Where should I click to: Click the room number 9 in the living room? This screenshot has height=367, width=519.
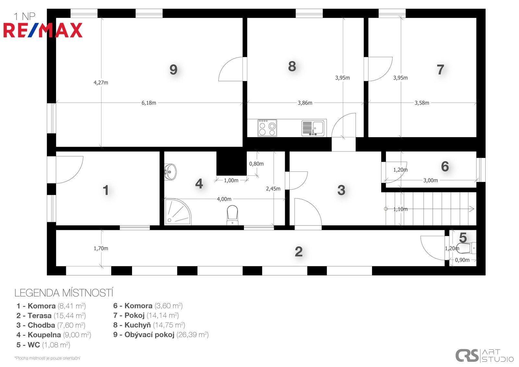[174, 70]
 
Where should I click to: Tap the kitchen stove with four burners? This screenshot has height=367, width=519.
[267, 128]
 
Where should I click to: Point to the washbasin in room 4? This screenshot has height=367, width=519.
[170, 171]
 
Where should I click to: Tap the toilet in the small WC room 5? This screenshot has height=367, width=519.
[465, 248]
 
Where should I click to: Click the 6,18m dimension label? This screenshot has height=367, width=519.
[149, 103]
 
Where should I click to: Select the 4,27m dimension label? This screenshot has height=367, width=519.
[101, 82]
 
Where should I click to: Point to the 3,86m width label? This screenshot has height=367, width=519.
[305, 103]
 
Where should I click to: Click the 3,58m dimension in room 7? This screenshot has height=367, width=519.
[422, 103]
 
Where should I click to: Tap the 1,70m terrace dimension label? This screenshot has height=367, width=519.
[101, 248]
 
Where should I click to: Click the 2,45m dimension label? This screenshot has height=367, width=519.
[273, 189]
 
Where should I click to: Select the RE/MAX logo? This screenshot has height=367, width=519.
[43, 30]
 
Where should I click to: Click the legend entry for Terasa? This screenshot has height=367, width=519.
[51, 316]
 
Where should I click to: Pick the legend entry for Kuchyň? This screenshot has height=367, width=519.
[149, 325]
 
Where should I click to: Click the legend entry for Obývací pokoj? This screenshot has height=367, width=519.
[161, 335]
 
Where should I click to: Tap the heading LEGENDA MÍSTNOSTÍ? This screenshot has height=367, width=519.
[64, 293]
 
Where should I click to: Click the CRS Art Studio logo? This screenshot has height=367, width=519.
[484, 356]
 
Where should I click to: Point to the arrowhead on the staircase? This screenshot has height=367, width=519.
[472, 209]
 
